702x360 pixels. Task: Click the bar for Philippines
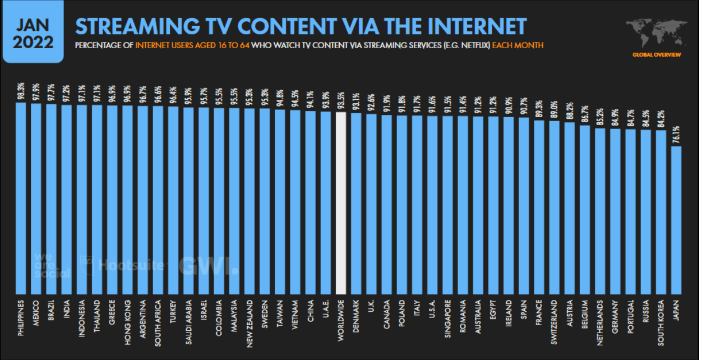[21, 196]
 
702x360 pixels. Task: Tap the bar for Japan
[676, 219]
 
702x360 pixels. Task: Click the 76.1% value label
[676, 136]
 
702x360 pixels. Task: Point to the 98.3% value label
[21, 91]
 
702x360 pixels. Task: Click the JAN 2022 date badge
[34, 34]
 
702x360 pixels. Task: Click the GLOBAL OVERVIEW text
[657, 54]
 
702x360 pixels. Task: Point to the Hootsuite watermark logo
[123, 265]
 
